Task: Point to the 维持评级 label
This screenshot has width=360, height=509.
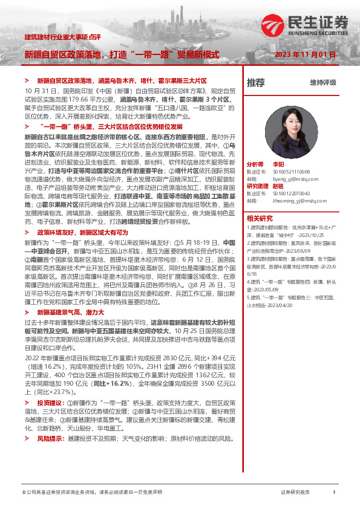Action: coord(323,83)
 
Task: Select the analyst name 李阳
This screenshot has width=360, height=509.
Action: coord(278,164)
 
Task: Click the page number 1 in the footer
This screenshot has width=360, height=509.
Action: coord(334,493)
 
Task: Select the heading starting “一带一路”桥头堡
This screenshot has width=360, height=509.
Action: coord(109,128)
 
